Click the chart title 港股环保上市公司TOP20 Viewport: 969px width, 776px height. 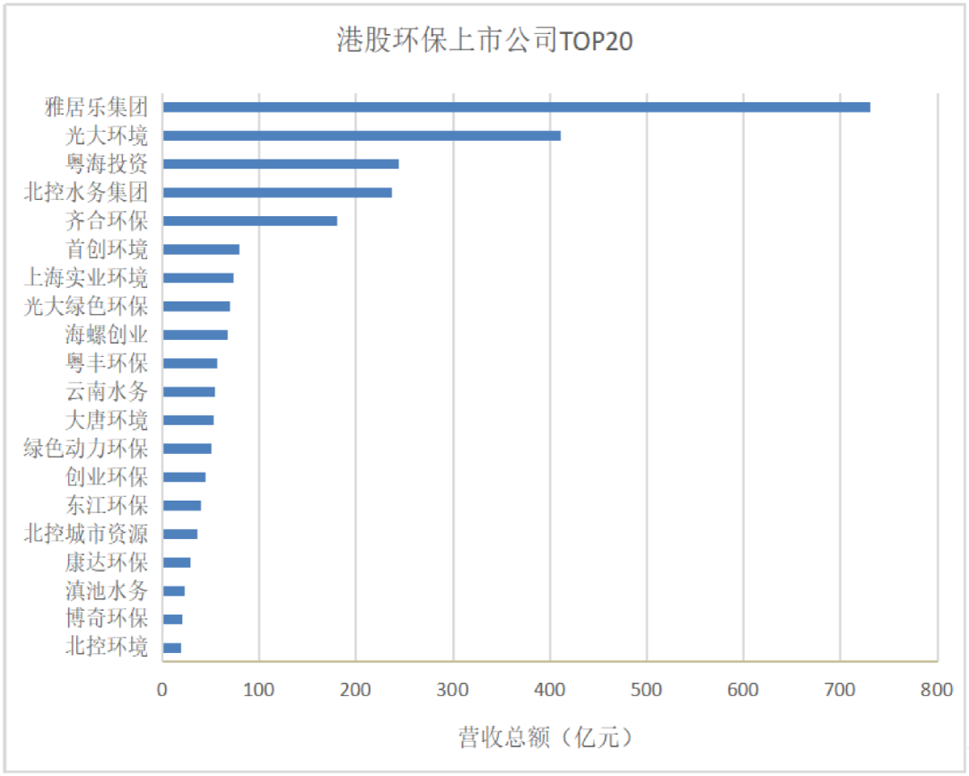484,40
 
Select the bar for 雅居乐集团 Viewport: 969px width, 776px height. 516,107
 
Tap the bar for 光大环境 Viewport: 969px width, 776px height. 362,135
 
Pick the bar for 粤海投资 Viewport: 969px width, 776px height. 281,164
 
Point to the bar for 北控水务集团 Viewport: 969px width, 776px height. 277,192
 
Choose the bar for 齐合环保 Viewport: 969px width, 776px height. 250,221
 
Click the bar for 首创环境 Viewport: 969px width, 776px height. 201,249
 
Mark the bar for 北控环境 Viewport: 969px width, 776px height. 172,648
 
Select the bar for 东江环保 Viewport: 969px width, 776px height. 182,505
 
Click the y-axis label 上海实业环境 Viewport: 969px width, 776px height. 86,278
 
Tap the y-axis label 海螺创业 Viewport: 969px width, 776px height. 107,335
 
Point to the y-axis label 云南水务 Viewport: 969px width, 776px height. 107,392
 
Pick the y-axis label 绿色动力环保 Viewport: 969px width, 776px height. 86,449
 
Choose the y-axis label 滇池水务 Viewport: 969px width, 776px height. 107,591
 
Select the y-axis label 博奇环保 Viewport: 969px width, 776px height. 107,619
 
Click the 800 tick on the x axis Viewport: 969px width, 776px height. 937,690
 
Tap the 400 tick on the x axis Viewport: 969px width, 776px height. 550,690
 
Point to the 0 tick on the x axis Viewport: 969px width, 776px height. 162,690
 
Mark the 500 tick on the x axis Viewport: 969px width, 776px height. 646,690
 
